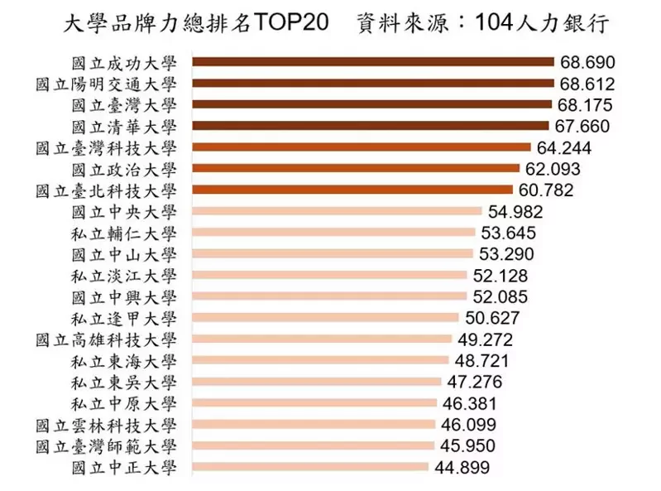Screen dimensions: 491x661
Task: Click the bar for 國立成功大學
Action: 372,61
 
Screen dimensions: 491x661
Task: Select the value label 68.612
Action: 587,83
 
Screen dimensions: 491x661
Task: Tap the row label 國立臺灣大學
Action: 124,104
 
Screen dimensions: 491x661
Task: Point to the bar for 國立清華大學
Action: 370,126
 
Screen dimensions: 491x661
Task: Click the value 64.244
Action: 566,147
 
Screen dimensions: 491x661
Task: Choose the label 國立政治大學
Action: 124,169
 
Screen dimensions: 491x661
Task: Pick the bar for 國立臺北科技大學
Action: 352,190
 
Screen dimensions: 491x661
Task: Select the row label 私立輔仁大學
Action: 124,233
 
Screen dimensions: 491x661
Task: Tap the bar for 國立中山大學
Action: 332,254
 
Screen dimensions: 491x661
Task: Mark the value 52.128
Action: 501,276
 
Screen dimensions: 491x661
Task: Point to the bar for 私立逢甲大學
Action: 324,318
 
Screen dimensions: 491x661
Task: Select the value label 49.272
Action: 486,339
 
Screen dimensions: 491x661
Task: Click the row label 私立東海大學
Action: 124,361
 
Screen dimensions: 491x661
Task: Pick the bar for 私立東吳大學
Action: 316,382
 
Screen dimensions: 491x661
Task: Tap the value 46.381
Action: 470,403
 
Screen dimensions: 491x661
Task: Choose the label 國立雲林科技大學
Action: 107,425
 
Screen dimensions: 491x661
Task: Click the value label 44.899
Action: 462,468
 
